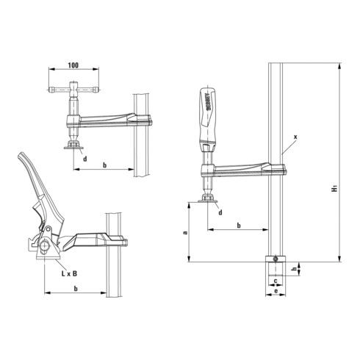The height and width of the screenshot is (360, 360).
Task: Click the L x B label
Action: click(x=70, y=273)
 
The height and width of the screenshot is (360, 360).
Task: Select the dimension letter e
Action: click(x=274, y=292)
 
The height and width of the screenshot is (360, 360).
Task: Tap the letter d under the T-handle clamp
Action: click(x=85, y=159)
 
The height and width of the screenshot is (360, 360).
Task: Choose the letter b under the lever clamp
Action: click(x=76, y=289)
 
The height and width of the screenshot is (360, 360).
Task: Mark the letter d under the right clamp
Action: click(x=220, y=213)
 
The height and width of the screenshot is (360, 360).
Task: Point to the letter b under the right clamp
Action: click(x=240, y=224)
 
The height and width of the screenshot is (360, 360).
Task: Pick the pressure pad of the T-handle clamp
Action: click(x=73, y=145)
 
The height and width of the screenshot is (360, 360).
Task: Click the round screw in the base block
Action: click(x=275, y=259)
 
